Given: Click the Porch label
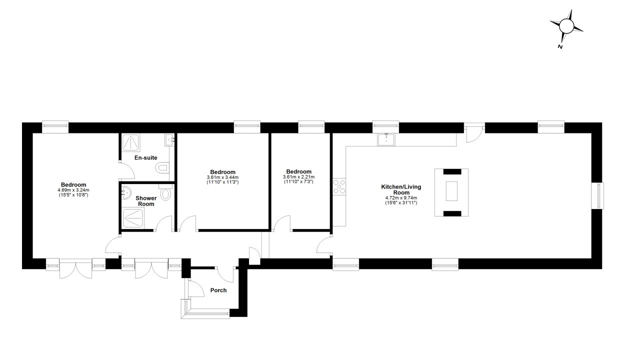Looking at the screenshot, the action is point(218,290).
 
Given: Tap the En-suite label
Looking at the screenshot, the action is point(146,157).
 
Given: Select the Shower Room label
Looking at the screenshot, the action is point(146,201).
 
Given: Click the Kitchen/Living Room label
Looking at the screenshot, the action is point(401,190).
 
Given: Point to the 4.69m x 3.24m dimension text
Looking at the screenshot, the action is point(73,190).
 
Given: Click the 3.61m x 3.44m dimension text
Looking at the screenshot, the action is point(222,177).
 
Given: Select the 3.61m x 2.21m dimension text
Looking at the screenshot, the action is point(298,177).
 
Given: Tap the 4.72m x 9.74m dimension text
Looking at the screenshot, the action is point(401,198).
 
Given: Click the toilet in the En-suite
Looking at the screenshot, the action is point(162,167).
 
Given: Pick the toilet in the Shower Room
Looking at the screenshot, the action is point(166,192).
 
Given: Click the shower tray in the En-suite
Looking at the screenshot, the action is point(131,142).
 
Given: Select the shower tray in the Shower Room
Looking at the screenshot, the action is point(133,218).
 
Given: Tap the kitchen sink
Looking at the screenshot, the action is point(386,139).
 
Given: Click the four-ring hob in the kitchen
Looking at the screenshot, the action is point(339,186).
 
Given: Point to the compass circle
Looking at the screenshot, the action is point(566,26).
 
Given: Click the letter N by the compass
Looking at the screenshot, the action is point(560,47).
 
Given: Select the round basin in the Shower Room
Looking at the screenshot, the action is point(126,192).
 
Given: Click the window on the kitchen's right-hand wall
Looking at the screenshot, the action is point(598,196).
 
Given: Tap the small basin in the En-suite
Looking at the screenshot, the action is point(169,140).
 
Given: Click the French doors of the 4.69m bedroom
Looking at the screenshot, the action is point(75,268).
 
